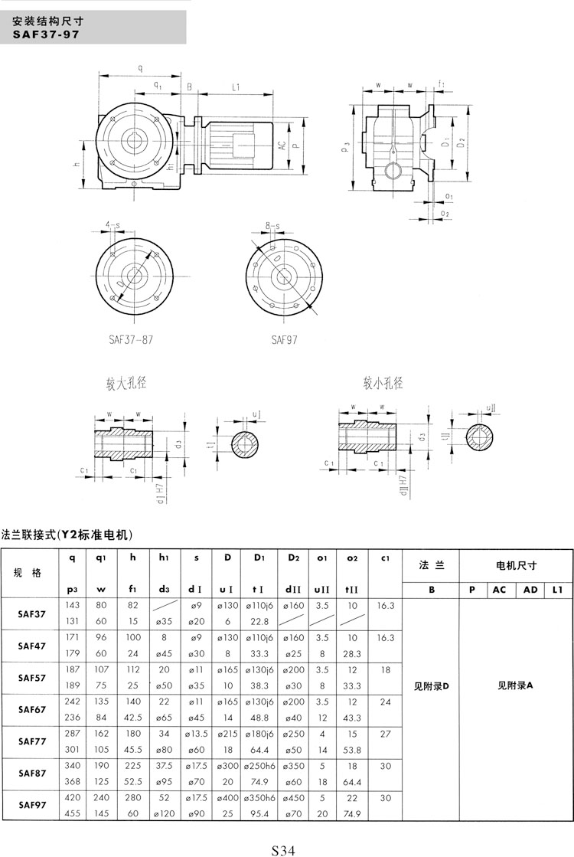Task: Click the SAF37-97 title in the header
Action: [45, 34]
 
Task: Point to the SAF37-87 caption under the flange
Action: [132, 339]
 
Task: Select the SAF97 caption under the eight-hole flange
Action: [283, 339]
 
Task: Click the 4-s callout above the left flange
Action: [113, 225]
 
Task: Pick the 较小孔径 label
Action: [383, 381]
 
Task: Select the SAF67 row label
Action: [32, 709]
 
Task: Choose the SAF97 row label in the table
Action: [32, 805]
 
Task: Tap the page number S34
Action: [282, 849]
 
